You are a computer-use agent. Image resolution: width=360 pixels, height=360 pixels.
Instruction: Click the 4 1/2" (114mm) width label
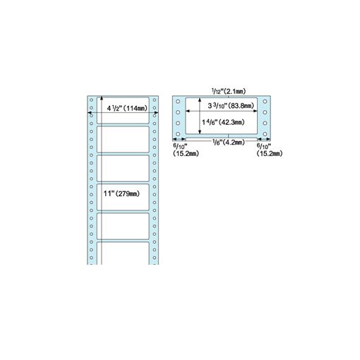click(127, 108)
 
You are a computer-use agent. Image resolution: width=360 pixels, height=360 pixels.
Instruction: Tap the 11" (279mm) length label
click(121, 193)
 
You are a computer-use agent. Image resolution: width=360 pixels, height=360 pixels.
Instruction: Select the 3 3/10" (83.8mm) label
click(231, 106)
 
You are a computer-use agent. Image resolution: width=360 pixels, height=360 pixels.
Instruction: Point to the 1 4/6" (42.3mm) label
click(223, 122)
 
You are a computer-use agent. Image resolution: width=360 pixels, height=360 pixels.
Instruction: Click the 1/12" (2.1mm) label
click(229, 91)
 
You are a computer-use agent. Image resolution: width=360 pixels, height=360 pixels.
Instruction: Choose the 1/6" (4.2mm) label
click(229, 142)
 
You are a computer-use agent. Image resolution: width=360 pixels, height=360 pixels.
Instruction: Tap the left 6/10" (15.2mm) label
click(186, 150)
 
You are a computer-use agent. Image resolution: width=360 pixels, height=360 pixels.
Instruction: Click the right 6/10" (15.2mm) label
click(270, 150)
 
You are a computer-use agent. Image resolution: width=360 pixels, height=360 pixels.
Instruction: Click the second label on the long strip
click(123, 139)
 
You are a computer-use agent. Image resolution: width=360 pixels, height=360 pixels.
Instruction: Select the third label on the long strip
click(123, 168)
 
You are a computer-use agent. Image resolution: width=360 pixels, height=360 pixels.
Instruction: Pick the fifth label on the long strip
click(123, 227)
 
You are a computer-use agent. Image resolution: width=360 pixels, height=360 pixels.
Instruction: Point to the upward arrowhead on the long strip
click(102, 98)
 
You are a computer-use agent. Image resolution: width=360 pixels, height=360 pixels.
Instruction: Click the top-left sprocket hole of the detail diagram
click(178, 102)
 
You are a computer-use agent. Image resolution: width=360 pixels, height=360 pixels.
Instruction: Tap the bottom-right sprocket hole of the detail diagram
click(265, 134)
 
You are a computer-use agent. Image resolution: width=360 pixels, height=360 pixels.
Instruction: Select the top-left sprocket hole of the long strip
click(91, 100)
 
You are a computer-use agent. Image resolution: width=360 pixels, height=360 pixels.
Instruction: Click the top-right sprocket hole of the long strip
click(155, 100)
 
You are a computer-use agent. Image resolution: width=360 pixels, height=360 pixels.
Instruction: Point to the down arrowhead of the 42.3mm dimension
click(200, 132)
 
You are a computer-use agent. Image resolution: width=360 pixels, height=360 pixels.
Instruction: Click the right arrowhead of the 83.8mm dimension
click(255, 111)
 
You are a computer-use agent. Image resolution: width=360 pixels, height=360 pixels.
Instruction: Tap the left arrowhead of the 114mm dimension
click(90, 113)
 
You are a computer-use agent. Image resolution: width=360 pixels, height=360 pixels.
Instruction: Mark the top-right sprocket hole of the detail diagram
click(265, 102)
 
